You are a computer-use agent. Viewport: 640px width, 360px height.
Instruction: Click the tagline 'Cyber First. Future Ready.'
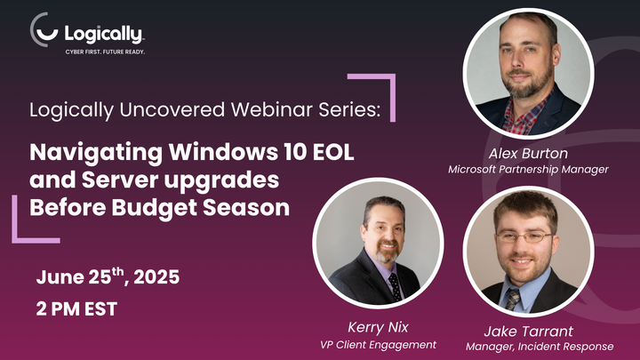(x=105, y=52)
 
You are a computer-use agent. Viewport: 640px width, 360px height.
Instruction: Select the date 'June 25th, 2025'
(x=108, y=277)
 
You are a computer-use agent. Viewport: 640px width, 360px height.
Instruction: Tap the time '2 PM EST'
(x=76, y=310)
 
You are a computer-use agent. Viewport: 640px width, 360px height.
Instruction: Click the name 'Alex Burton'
(x=528, y=153)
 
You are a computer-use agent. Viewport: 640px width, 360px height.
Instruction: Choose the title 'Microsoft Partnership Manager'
(x=528, y=169)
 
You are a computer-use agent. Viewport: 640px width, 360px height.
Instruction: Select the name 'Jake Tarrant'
(x=529, y=331)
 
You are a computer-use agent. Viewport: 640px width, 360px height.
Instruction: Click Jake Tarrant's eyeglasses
(x=526, y=237)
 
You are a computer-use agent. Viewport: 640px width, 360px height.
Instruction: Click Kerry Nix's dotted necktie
(x=394, y=286)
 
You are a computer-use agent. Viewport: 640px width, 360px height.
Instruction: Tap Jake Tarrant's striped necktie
(x=514, y=298)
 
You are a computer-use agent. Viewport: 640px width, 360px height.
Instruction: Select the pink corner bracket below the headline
(x=27, y=227)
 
